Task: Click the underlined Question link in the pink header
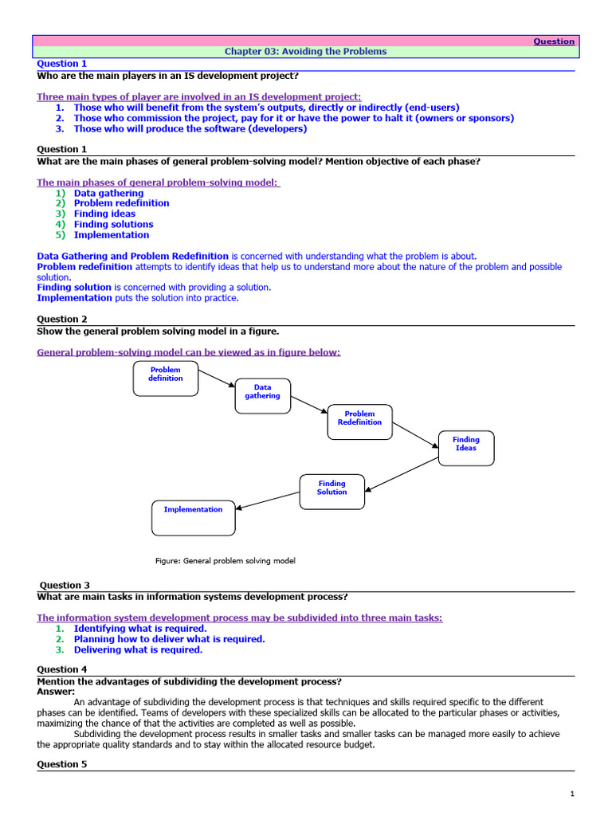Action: [554, 41]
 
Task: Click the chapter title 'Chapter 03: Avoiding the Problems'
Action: [305, 52]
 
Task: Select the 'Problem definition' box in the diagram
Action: [165, 378]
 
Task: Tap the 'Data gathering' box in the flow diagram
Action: [262, 395]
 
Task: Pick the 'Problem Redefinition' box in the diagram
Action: [359, 422]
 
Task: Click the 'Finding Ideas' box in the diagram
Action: [466, 447]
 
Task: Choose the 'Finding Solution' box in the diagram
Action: [332, 491]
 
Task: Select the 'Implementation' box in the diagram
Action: [194, 517]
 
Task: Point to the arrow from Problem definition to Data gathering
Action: [217, 379]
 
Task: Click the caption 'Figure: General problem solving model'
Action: [225, 561]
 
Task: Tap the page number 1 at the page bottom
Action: [572, 794]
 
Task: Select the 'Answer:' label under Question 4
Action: [56, 691]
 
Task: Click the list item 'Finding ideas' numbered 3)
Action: [104, 214]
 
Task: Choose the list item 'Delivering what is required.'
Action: [138, 649]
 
